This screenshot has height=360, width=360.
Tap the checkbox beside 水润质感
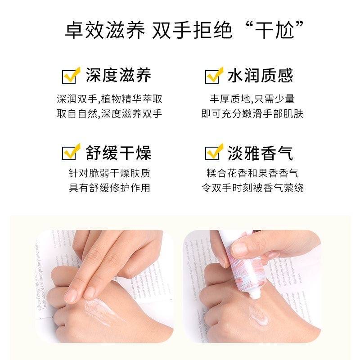coord(213,76)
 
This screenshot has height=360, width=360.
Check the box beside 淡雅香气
coord(213,153)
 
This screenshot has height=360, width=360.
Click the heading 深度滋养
coord(118,76)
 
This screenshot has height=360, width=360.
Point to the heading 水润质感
coord(260,76)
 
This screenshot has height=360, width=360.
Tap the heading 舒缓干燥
coord(118,153)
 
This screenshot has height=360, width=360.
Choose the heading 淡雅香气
coord(260,153)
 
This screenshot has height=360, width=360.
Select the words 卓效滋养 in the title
coord(105,31)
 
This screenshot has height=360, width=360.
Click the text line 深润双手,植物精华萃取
coord(109,99)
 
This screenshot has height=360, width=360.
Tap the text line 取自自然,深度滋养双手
coord(109,113)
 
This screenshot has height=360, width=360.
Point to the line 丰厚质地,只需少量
coord(252,99)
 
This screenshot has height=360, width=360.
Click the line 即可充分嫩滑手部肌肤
coord(252,113)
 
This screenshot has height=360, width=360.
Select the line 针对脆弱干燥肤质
coord(109,173)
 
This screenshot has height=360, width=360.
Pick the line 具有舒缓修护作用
coord(109,188)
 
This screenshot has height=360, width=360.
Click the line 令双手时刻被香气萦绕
coord(252,188)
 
